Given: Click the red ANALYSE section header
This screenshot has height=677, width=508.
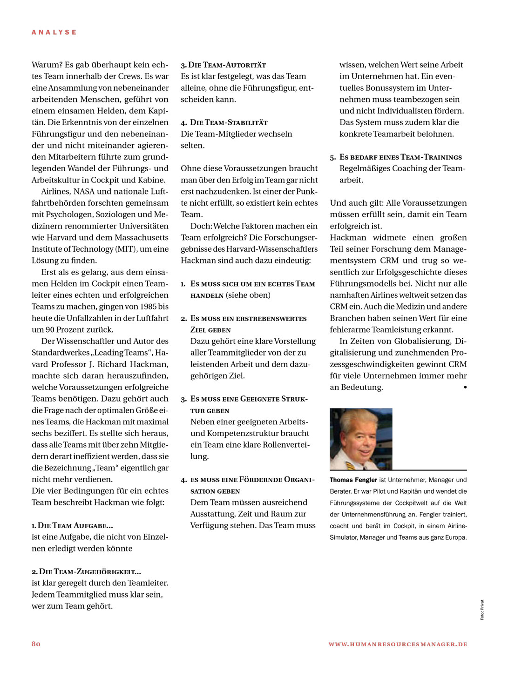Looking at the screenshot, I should pos(54,32).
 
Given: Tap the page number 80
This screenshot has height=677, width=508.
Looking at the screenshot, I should pos(36,644).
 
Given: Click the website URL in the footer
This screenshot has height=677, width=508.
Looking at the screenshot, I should pos(398,644).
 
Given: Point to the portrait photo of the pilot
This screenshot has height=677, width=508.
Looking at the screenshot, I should pos(361,439).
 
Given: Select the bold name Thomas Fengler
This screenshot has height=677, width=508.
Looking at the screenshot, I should pos(353,480).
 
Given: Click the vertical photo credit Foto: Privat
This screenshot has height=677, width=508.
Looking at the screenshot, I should pos(482,610).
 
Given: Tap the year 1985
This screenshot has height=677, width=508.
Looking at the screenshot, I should pos(147,307).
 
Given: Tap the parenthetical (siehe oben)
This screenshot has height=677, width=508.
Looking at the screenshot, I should pos(248,295).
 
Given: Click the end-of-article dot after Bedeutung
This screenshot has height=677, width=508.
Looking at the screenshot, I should pos(465,387).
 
